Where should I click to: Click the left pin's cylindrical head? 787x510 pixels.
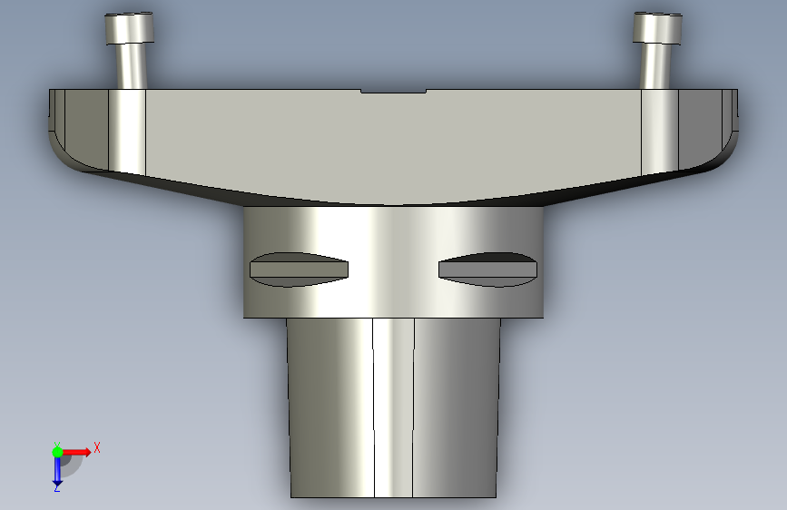coord(129,28)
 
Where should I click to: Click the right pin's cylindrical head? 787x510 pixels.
coord(657,28)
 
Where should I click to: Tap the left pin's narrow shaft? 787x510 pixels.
coord(132,66)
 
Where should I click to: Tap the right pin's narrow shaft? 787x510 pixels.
coord(656,66)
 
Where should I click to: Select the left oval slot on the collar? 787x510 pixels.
coord(300,270)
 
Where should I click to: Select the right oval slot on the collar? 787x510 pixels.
coord(487,270)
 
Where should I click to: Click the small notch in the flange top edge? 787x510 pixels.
coord(394,92)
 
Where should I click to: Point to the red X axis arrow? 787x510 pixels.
coord(76,452)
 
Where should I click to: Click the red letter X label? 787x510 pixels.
coord(97,447)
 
